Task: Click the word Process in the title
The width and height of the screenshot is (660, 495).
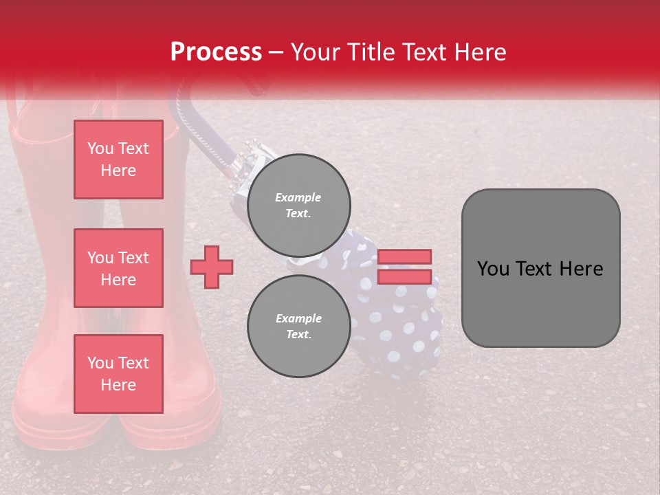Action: (216, 52)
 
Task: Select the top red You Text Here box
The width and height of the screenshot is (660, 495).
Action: (118, 159)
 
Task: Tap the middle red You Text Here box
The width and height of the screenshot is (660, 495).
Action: (118, 268)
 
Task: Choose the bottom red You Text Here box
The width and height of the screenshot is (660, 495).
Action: (118, 374)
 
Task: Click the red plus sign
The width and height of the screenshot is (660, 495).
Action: (212, 267)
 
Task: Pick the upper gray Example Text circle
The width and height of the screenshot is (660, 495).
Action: (298, 206)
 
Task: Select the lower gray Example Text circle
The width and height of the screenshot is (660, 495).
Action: (298, 327)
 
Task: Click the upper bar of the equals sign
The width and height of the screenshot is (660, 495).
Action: (404, 256)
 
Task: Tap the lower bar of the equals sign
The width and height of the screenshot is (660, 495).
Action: (404, 276)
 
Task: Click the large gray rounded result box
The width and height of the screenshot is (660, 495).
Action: (540, 302)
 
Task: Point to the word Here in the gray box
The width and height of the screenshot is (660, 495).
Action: (581, 269)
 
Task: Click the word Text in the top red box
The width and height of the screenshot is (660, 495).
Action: (134, 148)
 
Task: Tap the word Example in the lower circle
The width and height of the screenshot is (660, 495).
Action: (298, 318)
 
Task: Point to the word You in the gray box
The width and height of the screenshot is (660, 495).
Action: (493, 269)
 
